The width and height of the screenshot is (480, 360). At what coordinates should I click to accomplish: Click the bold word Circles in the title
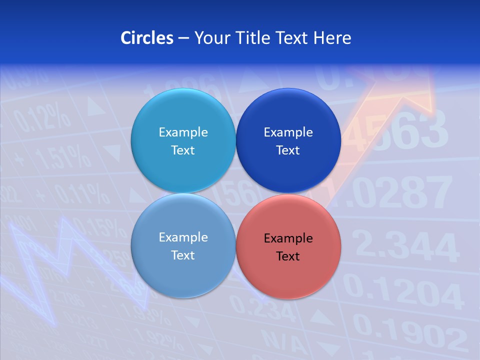point(146,37)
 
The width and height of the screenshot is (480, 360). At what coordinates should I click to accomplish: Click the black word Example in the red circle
point(288,238)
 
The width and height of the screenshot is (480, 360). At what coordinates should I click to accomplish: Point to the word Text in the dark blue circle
point(288,150)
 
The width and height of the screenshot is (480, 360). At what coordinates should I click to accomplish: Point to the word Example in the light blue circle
point(183,132)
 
